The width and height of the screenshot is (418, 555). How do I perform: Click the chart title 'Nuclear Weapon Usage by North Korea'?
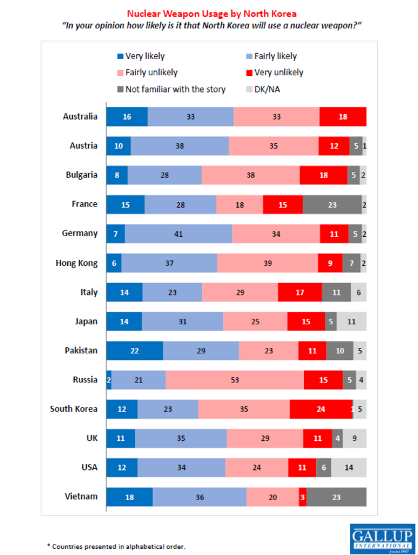tap(211, 12)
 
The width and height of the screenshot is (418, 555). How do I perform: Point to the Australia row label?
tap(80, 116)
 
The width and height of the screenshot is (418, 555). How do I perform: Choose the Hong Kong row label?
tap(77, 263)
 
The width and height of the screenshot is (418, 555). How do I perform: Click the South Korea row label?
tap(73, 409)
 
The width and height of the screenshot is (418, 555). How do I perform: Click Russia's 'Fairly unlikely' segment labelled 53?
tap(235, 380)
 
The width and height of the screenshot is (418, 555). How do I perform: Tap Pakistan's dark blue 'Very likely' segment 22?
tap(134, 350)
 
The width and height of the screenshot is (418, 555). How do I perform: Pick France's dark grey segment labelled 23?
tap(332, 204)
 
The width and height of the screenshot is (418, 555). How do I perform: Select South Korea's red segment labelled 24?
tap(320, 409)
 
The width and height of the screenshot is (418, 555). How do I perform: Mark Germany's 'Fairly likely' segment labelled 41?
tap(178, 234)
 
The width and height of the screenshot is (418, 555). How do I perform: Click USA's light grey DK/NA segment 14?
tap(349, 467)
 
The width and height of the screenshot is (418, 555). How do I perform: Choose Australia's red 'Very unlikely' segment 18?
tap(343, 117)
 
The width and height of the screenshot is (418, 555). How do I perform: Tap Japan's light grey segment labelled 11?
tap(351, 321)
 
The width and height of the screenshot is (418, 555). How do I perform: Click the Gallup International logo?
tap(382, 539)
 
